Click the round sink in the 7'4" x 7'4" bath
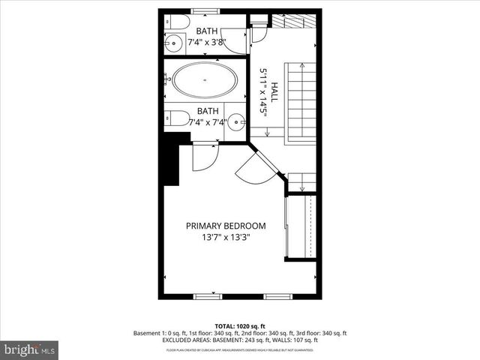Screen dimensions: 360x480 click(236, 120)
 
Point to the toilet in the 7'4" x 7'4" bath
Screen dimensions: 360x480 click(176, 118)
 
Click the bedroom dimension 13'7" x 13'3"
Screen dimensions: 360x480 click(226, 237)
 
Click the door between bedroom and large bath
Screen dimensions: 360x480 click(203, 157)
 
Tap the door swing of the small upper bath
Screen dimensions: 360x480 click(236, 40)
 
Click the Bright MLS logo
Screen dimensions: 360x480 click(30, 349)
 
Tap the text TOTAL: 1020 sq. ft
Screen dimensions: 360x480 click(240, 327)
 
